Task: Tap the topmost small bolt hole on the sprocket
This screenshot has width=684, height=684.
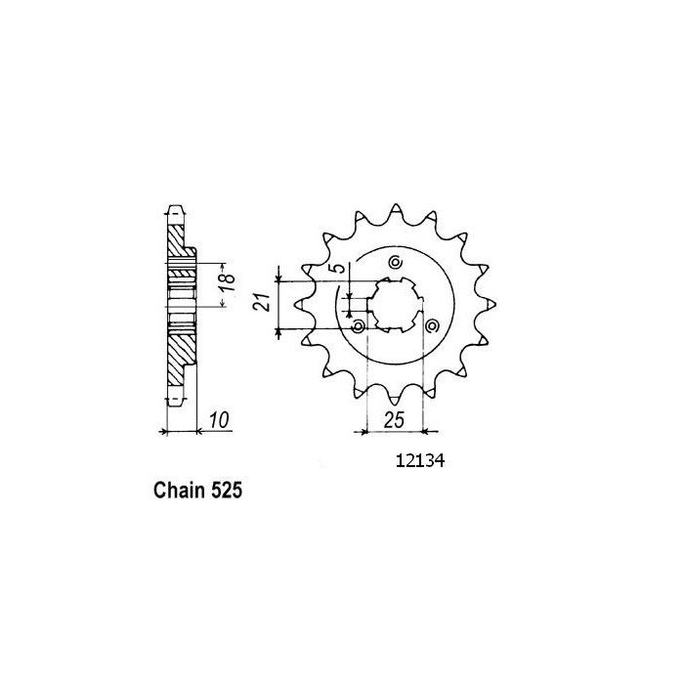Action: (395, 262)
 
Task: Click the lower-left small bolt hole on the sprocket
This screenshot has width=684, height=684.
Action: (359, 324)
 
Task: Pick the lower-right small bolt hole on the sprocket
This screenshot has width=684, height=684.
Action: (431, 324)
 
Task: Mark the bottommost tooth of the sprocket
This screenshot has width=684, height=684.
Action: (395, 395)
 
